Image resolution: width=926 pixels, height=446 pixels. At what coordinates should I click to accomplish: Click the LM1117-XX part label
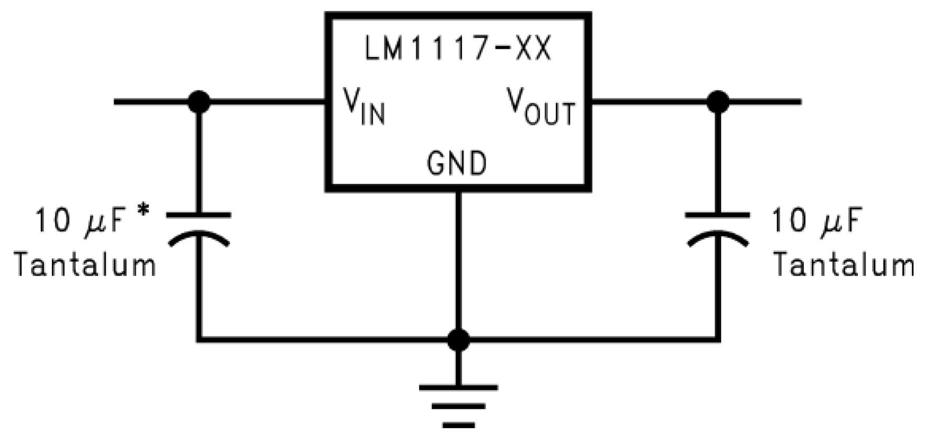tap(457, 50)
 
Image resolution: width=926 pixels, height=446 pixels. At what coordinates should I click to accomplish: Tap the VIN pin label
tap(364, 106)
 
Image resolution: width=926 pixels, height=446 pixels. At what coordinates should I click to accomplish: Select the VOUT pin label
tap(541, 106)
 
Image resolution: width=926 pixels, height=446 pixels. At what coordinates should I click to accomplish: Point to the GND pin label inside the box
tap(457, 164)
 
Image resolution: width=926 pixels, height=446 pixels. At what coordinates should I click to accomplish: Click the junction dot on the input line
tap(199, 102)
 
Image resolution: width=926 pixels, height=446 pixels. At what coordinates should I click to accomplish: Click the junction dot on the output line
tap(718, 102)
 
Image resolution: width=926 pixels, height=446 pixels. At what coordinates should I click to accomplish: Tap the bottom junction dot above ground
tap(458, 340)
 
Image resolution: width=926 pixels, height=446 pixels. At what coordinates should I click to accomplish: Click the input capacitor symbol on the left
tap(199, 228)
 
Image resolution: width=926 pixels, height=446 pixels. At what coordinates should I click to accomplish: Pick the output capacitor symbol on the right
tap(718, 228)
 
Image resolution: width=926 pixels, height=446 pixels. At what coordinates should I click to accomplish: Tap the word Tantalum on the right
tap(844, 265)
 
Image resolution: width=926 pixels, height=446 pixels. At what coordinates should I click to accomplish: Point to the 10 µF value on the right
tap(816, 220)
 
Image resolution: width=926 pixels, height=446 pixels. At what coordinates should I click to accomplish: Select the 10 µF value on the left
tap(81, 220)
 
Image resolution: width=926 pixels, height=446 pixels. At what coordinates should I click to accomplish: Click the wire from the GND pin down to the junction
tap(458, 262)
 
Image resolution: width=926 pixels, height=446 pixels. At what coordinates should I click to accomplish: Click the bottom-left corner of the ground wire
tap(199, 340)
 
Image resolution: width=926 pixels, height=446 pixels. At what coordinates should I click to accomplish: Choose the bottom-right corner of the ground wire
tap(718, 340)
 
